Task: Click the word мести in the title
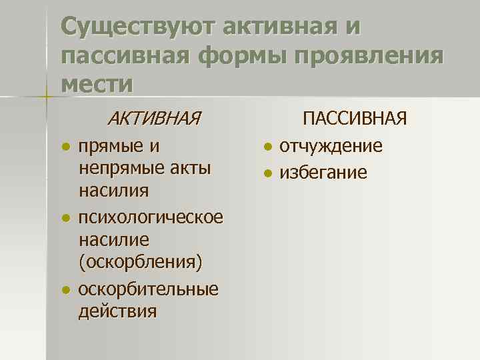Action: (96, 83)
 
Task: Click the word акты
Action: (189, 167)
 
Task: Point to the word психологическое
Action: (151, 218)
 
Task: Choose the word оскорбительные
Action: (148, 290)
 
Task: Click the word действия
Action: (117, 311)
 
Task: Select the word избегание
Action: (323, 173)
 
